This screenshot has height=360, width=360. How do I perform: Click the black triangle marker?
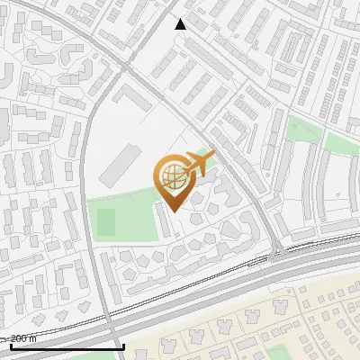[181, 24]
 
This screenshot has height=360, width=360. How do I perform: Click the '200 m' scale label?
[24, 337]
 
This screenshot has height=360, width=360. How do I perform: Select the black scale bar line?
[67, 346]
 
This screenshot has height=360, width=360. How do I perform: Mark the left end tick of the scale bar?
[11, 345]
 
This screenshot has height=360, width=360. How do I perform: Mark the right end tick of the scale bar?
[123, 345]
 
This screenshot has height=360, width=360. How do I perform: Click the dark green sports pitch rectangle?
[106, 221]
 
